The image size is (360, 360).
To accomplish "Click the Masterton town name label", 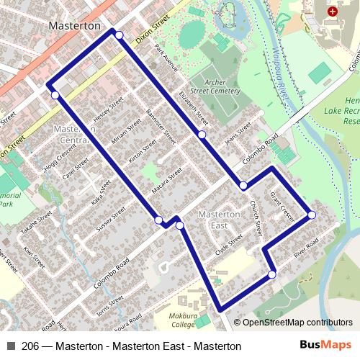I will point(74,25).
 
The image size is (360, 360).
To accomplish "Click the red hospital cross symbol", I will point(332,12).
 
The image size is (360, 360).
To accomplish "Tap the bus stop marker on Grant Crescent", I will point(312,215).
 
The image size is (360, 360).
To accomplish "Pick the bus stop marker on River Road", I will point(272,274).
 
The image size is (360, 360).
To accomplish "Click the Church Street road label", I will point(256,218).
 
